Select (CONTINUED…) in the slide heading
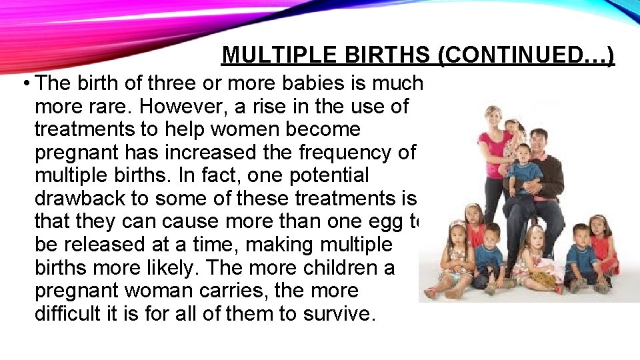pos(526,55)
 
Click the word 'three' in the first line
pos(149,83)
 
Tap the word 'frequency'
pos(354,152)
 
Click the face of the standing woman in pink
pos(495,117)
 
